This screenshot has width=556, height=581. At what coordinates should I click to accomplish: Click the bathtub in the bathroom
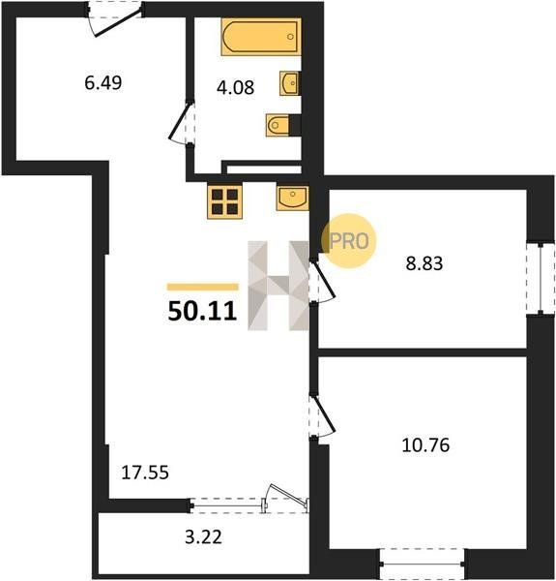coord(261,37)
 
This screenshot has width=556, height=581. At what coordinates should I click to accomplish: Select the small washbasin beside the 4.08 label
coord(290,83)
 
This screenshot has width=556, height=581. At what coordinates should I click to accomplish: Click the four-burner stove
coord(224,202)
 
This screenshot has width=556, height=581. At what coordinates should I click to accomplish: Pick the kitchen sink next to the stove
coord(292,199)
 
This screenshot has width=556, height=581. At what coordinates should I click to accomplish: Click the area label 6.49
coord(103,82)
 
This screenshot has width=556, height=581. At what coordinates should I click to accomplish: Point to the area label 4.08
coord(235,88)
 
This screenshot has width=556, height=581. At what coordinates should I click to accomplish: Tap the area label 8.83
coord(424,263)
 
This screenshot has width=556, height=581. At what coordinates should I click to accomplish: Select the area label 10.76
coord(425,444)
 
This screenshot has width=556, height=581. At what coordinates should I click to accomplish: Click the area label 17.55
coord(145,473)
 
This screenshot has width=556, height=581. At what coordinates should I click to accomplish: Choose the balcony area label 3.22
coord(203,536)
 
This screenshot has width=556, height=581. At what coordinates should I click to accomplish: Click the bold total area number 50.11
coord(202,311)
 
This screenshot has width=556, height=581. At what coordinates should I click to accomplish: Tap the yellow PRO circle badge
coord(348,241)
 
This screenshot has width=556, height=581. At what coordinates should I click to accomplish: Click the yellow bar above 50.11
coord(203,287)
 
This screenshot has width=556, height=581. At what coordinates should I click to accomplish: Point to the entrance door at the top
coord(115,18)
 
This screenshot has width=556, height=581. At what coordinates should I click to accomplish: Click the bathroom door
coord(182,122)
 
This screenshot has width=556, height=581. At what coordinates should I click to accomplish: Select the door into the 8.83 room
coord(321,281)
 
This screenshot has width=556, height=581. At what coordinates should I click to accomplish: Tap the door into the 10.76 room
coord(321,416)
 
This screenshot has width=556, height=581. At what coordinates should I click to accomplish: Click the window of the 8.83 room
coord(541,279)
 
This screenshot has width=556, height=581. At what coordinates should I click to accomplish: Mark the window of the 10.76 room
coord(423,564)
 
